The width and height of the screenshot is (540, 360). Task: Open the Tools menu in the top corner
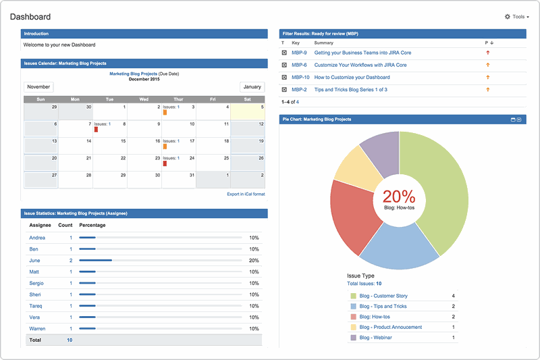(516, 17)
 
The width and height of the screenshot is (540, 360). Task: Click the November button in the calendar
(38, 87)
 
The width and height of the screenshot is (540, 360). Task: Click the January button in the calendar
(252, 87)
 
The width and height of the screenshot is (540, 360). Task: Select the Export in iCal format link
(246, 194)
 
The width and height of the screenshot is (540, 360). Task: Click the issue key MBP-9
(299, 53)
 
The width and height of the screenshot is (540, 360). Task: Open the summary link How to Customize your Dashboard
(352, 77)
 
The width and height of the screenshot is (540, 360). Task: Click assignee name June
(35, 260)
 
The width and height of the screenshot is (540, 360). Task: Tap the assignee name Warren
(38, 329)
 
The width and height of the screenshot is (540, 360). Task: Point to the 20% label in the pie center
(399, 197)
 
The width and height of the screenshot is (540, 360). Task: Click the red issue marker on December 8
(97, 130)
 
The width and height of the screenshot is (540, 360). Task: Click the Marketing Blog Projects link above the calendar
(133, 73)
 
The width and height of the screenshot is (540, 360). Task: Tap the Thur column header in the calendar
(178, 99)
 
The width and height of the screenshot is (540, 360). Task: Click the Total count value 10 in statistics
(70, 340)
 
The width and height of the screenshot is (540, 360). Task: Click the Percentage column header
(92, 224)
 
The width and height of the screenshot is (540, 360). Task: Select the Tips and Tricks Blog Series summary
(350, 90)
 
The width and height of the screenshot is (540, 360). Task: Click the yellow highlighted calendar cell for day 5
(248, 111)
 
